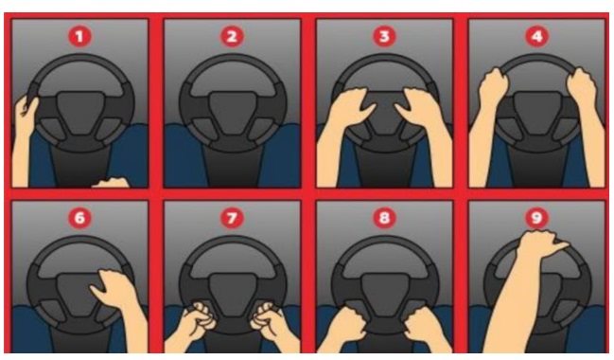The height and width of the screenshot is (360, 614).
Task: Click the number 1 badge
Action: [x=79, y=36]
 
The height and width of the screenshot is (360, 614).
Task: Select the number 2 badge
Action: [x=232, y=36]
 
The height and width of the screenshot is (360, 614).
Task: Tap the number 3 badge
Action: [x=384, y=36]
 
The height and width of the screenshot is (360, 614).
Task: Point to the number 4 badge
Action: [x=536, y=36]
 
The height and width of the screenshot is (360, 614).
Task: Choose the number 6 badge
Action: [x=79, y=218]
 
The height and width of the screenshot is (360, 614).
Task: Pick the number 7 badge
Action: [x=232, y=218]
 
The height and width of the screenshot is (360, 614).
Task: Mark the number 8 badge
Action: [x=384, y=218]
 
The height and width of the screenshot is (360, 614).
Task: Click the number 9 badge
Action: [x=536, y=218]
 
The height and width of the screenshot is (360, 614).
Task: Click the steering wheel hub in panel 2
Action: [x=233, y=114]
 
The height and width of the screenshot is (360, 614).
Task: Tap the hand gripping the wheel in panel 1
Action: [x=26, y=112]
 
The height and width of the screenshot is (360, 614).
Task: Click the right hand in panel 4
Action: [x=582, y=88]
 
